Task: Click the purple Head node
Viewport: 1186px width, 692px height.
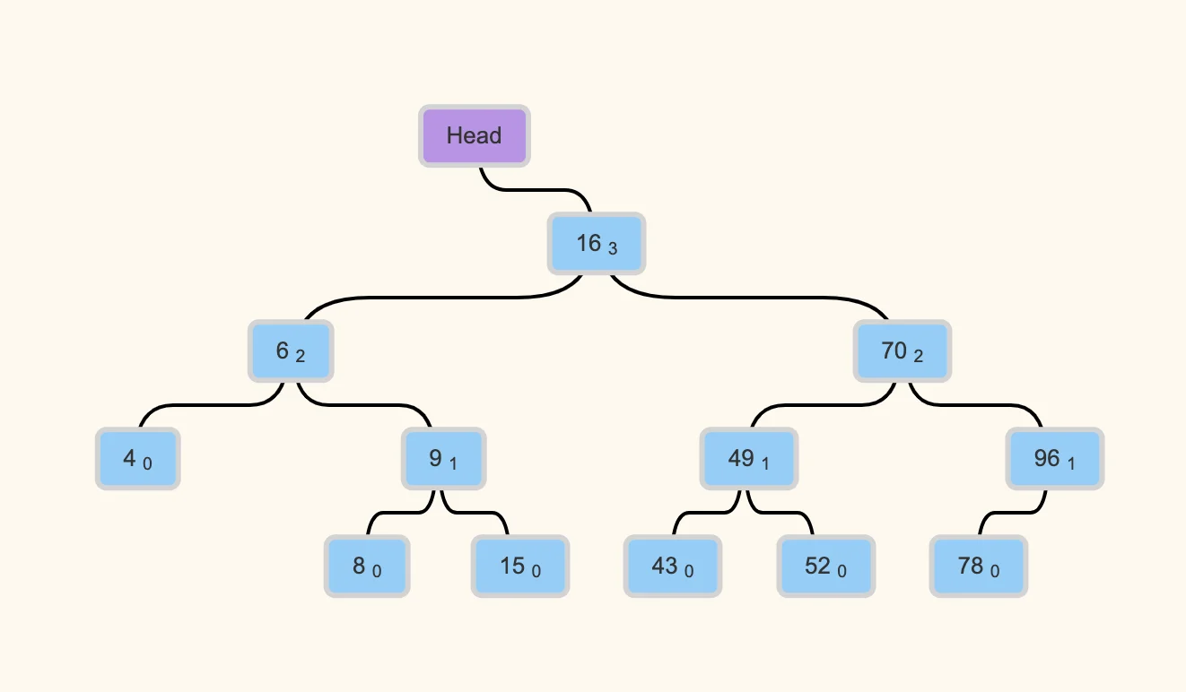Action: click(475, 136)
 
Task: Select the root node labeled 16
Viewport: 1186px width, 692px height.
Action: click(597, 243)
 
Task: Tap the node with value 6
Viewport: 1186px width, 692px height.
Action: click(291, 350)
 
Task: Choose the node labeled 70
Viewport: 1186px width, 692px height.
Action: click(903, 350)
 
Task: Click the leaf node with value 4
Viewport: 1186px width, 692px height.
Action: click(137, 459)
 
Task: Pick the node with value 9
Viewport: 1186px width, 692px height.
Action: click(444, 459)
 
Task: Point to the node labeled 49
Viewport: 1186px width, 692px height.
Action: click(749, 459)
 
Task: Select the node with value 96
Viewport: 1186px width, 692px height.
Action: click(1055, 459)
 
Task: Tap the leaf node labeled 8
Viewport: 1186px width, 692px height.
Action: click(367, 567)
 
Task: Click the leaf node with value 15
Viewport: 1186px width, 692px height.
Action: click(520, 567)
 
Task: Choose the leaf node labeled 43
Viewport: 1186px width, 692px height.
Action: click(673, 567)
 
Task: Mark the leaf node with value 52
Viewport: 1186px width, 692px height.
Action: click(825, 567)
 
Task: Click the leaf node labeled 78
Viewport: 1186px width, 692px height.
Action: click(979, 567)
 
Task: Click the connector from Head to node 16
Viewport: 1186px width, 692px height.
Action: click(535, 189)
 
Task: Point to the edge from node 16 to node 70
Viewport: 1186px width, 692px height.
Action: click(749, 298)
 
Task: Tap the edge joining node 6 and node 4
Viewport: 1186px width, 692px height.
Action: click(212, 405)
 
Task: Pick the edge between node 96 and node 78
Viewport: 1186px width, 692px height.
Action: click(1012, 513)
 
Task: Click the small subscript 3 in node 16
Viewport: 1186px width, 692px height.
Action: click(613, 248)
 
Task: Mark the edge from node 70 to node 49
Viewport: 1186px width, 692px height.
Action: click(824, 405)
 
